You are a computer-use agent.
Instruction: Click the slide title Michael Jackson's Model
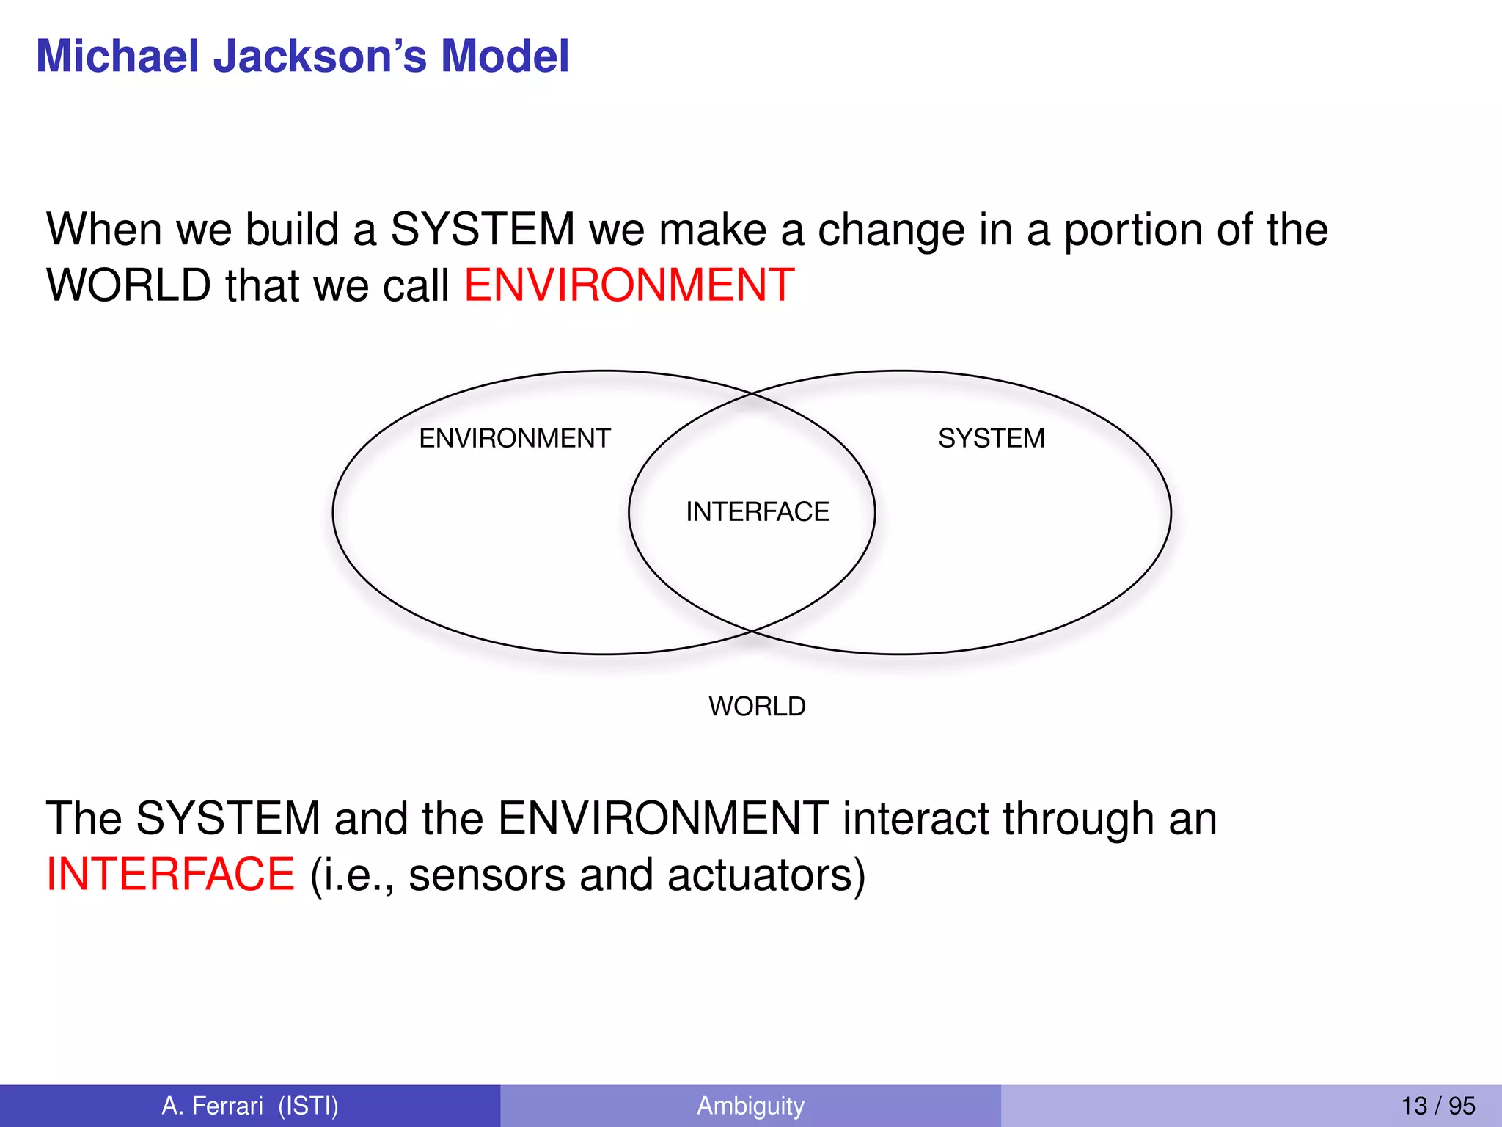[302, 56]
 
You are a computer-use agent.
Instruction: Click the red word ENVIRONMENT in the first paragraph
[629, 285]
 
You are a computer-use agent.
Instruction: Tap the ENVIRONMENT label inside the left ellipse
[514, 438]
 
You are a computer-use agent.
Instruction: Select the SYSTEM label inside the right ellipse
[991, 438]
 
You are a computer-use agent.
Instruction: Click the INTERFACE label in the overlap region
[757, 511]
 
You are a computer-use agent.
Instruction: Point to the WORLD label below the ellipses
[757, 706]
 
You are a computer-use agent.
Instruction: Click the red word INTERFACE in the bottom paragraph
[170, 874]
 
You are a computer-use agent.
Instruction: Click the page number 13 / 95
[1437, 1106]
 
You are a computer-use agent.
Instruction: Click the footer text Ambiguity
[750, 1106]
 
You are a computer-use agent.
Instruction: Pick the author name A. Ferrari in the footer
[212, 1106]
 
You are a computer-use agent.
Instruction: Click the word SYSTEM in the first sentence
[483, 229]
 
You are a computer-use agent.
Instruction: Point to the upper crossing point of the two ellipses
[752, 394]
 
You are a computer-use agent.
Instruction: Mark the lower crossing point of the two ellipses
[752, 630]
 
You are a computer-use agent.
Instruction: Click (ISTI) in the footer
[308, 1106]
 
